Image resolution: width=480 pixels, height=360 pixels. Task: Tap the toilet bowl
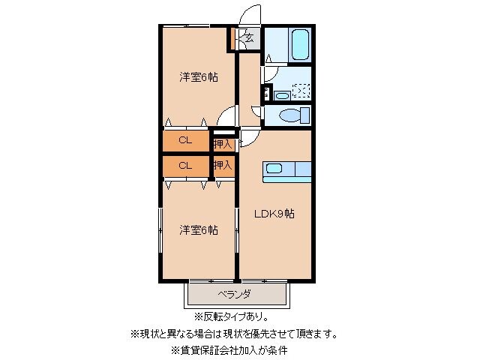(x=287, y=115)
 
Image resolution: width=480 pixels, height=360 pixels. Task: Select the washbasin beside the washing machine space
(x=281, y=94)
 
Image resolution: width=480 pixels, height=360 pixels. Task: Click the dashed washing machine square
(x=301, y=91)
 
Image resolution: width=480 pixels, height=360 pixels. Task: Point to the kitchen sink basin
(x=272, y=169)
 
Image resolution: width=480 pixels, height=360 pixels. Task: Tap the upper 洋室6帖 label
(x=198, y=76)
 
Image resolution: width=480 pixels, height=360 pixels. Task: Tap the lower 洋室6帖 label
(x=198, y=229)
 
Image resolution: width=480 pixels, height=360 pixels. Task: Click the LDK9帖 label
(x=274, y=214)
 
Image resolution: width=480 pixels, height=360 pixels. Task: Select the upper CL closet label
(x=184, y=140)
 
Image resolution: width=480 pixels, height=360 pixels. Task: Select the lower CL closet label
(x=184, y=164)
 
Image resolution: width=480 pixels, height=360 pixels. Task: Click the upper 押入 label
(x=222, y=141)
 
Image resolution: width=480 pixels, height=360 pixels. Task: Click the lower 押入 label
(x=222, y=164)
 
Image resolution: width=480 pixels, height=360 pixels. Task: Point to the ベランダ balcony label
(x=234, y=293)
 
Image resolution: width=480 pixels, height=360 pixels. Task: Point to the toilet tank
(x=304, y=116)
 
